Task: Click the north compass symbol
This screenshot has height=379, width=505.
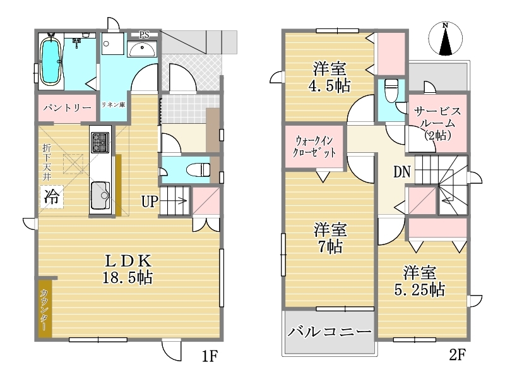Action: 446,39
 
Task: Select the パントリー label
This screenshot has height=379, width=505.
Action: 68,107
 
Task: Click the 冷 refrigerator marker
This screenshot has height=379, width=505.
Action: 52,196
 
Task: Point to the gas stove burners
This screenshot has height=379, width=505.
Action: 100,142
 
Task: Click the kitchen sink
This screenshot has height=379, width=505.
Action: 100,195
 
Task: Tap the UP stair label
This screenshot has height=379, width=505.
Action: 150,202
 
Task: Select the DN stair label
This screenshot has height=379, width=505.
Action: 402,172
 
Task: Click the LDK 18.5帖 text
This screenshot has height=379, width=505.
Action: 128,269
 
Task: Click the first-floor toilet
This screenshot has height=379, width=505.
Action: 198,169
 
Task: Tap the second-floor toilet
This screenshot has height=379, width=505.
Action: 391,90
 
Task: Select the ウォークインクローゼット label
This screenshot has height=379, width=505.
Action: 314,147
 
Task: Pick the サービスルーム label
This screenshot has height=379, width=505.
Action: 437,123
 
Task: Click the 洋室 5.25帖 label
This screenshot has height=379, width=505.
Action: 420,281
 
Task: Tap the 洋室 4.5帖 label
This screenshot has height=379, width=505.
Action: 330,77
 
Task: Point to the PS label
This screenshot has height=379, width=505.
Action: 144,35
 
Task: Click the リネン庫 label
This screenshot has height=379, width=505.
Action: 114,105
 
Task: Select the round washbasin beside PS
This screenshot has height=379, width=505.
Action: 141,49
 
